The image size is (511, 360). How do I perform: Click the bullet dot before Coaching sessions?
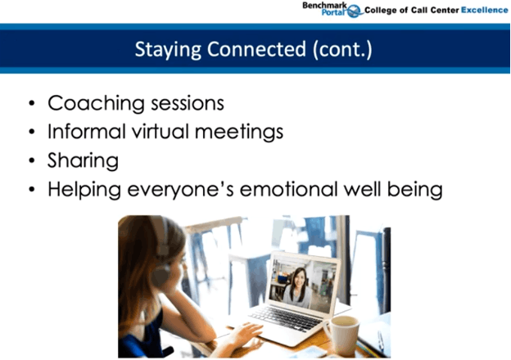tap(31, 105)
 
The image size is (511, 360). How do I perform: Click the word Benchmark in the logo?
tap(323, 5)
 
